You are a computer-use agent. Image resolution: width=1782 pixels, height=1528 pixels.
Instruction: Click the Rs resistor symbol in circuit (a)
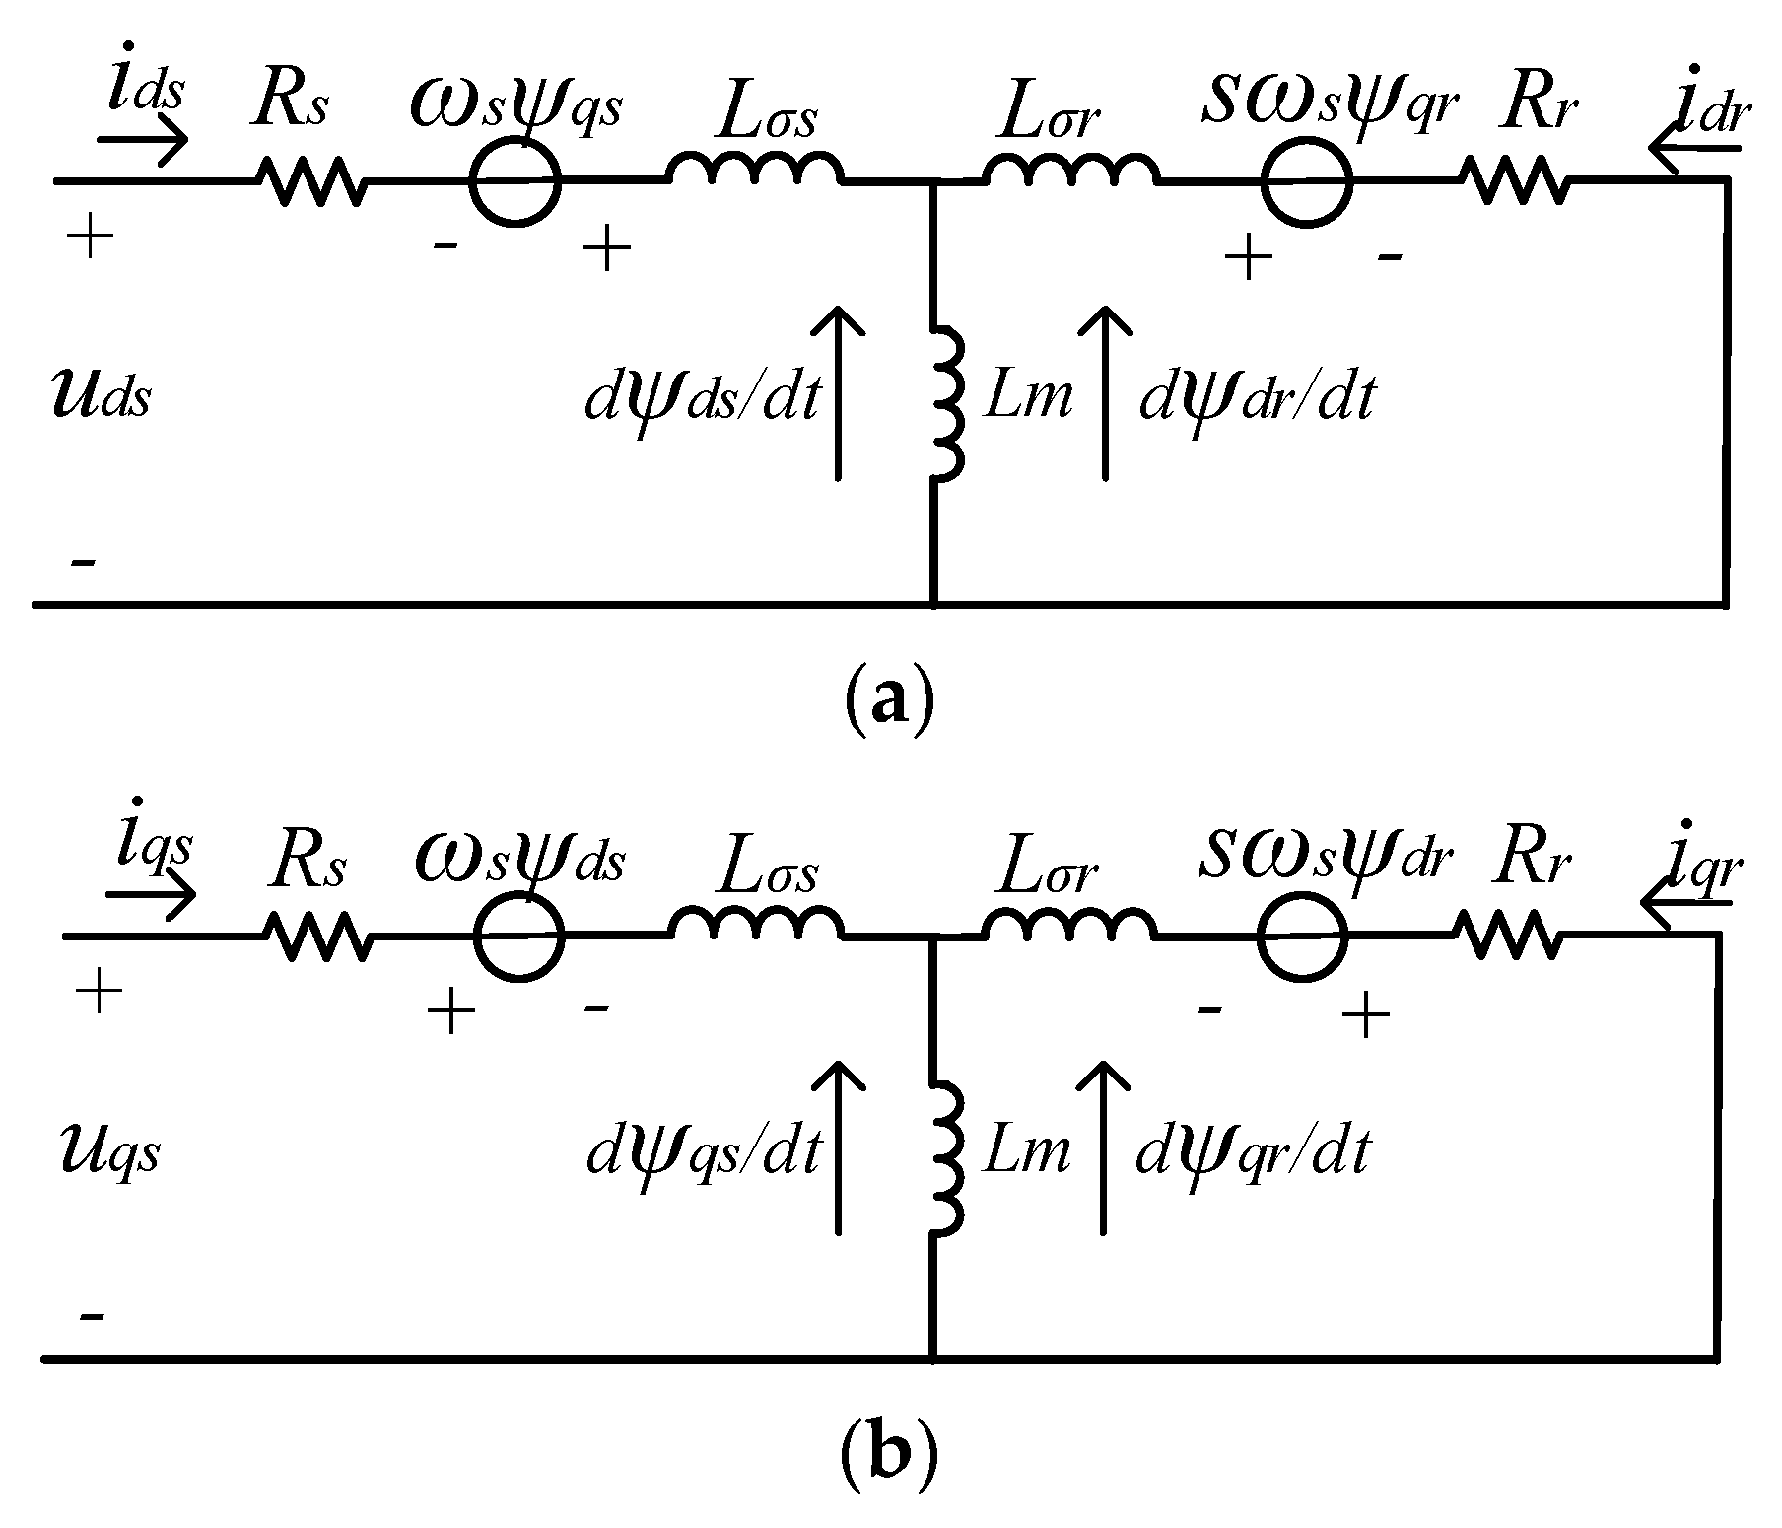pyautogui.click(x=310, y=180)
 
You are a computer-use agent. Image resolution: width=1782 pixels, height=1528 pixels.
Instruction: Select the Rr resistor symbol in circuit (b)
pyautogui.click(x=1508, y=934)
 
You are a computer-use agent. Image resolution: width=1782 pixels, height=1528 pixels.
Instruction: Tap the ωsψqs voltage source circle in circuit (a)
pyautogui.click(x=514, y=181)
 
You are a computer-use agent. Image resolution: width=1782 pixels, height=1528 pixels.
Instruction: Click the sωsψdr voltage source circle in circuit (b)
pyautogui.click(x=1303, y=935)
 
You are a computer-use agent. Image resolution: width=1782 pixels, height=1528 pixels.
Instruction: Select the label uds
pyautogui.click(x=101, y=396)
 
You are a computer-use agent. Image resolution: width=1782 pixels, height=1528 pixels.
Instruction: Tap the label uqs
pyautogui.click(x=104, y=1150)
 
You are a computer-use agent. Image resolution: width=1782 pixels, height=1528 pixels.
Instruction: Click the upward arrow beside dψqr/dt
pyautogui.click(x=1102, y=1148)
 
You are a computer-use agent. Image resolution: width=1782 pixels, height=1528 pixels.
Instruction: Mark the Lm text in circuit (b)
pyautogui.click(x=1026, y=1150)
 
